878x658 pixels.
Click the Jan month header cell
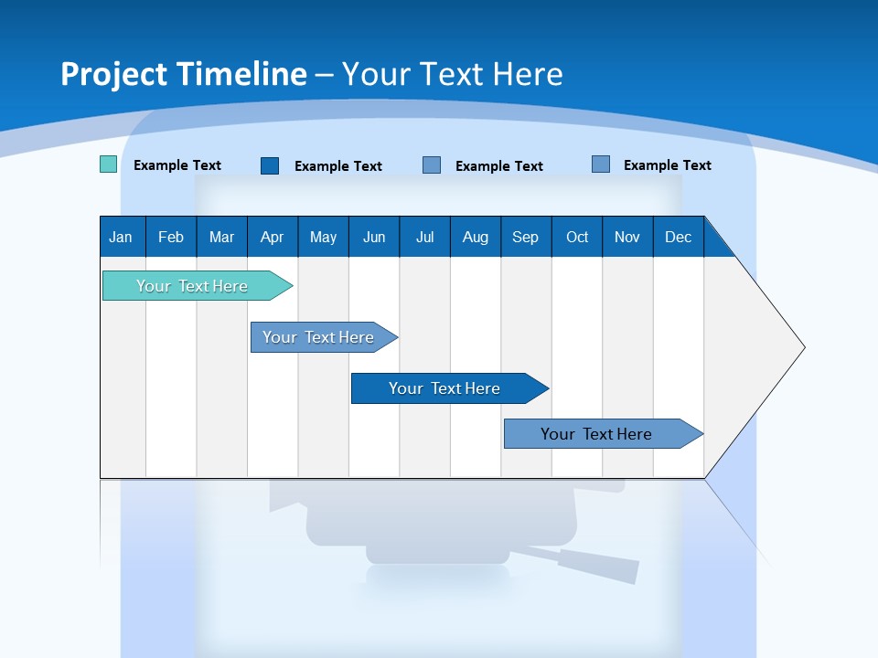122,237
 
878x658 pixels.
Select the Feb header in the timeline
171,237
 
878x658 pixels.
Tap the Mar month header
221,237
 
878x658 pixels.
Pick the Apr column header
273,237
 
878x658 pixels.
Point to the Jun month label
374,237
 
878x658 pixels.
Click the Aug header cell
476,237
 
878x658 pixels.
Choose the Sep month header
526,237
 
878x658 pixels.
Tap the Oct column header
577,237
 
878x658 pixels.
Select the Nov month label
627,237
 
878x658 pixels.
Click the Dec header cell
679,237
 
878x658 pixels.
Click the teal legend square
108,164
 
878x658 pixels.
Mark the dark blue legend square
270,165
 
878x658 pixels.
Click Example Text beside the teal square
177,165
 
